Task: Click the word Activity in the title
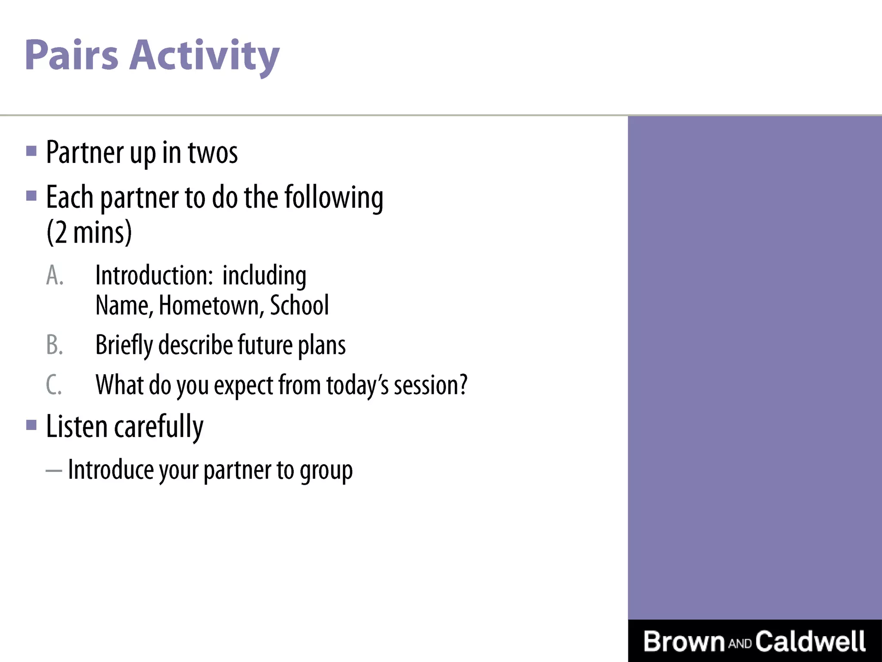click(x=205, y=56)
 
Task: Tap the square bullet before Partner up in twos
click(x=31, y=151)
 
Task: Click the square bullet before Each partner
click(x=31, y=196)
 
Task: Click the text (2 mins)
click(x=89, y=233)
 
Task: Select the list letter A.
click(x=55, y=275)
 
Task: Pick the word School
click(x=299, y=306)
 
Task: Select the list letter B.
click(x=55, y=345)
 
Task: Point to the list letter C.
click(x=54, y=385)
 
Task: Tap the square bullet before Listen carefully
click(x=31, y=425)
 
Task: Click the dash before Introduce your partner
click(x=54, y=471)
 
